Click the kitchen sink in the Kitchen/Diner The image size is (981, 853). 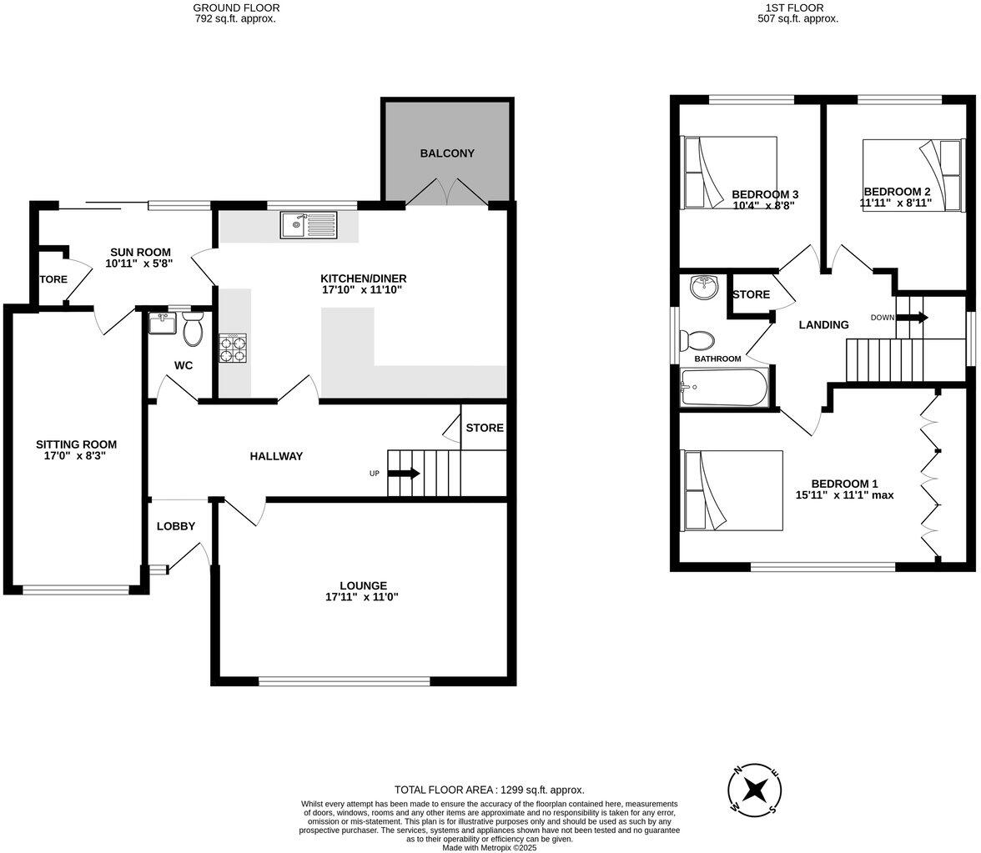[x=309, y=225]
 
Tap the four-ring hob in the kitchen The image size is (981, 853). [x=233, y=348]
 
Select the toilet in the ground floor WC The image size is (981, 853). [x=193, y=329]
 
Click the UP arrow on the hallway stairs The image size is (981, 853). [x=404, y=474]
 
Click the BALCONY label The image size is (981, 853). [x=447, y=153]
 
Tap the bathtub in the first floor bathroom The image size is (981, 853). [x=724, y=388]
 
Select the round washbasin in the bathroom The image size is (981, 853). [x=704, y=289]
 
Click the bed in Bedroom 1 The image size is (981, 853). [x=732, y=490]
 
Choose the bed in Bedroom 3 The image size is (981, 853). [x=730, y=172]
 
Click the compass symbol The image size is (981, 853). [x=755, y=788]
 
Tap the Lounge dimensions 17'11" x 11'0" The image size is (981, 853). [x=362, y=597]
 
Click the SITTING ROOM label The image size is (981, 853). [x=76, y=444]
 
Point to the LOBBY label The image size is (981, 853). [x=176, y=526]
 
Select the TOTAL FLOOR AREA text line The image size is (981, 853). [x=489, y=790]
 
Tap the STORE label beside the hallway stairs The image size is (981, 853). [x=485, y=428]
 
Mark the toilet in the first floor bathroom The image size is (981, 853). [x=697, y=340]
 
